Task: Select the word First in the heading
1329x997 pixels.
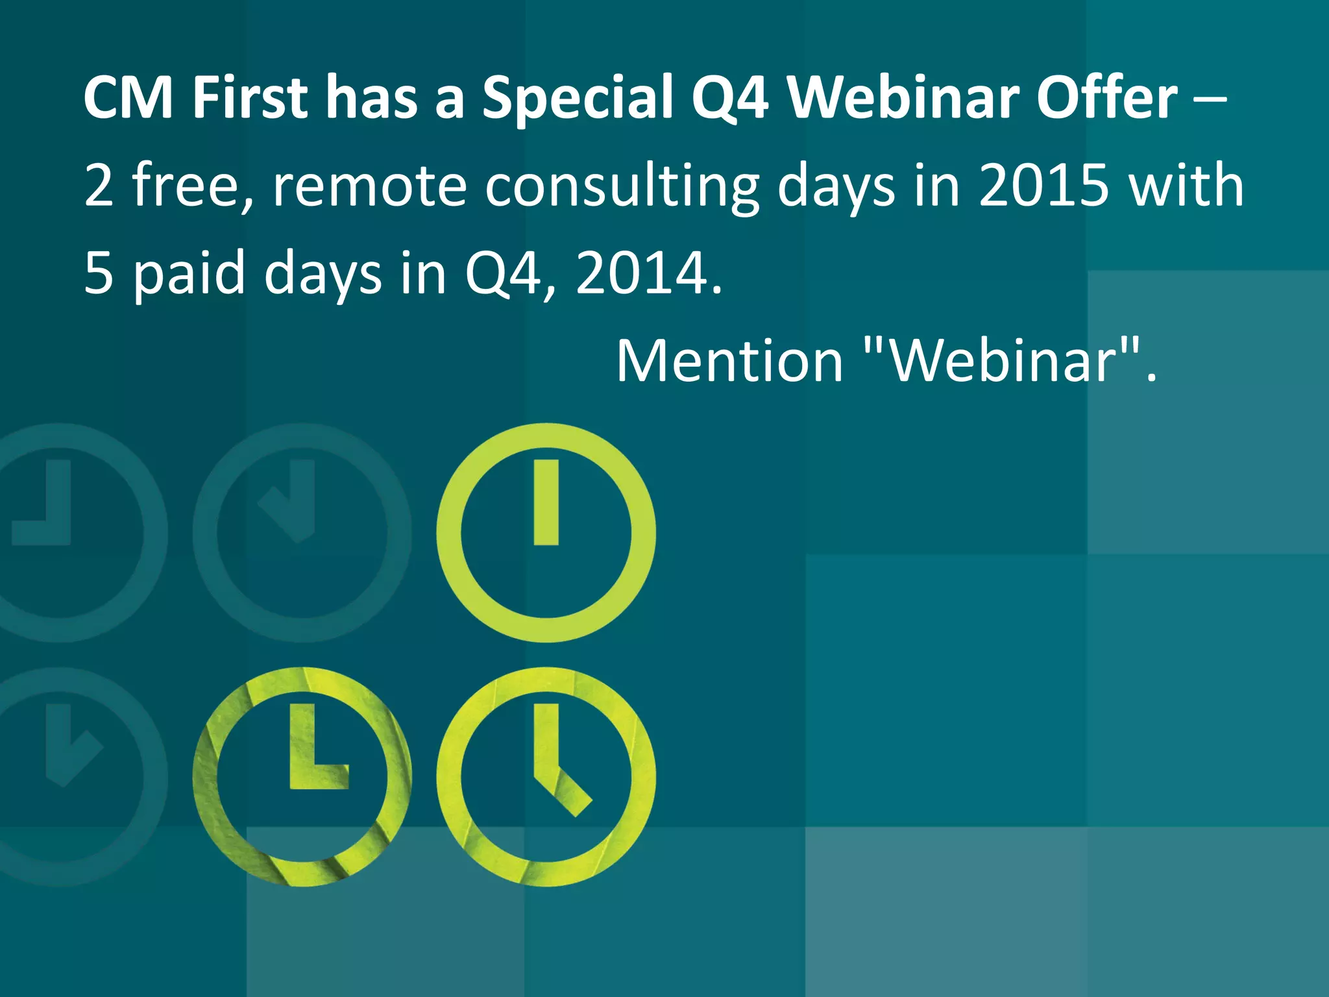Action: (249, 97)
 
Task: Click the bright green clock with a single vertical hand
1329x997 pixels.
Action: (546, 532)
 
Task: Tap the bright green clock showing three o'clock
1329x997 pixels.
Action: (302, 776)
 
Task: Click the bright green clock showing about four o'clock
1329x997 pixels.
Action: (546, 776)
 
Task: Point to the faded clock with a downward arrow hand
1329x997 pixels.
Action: (302, 532)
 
